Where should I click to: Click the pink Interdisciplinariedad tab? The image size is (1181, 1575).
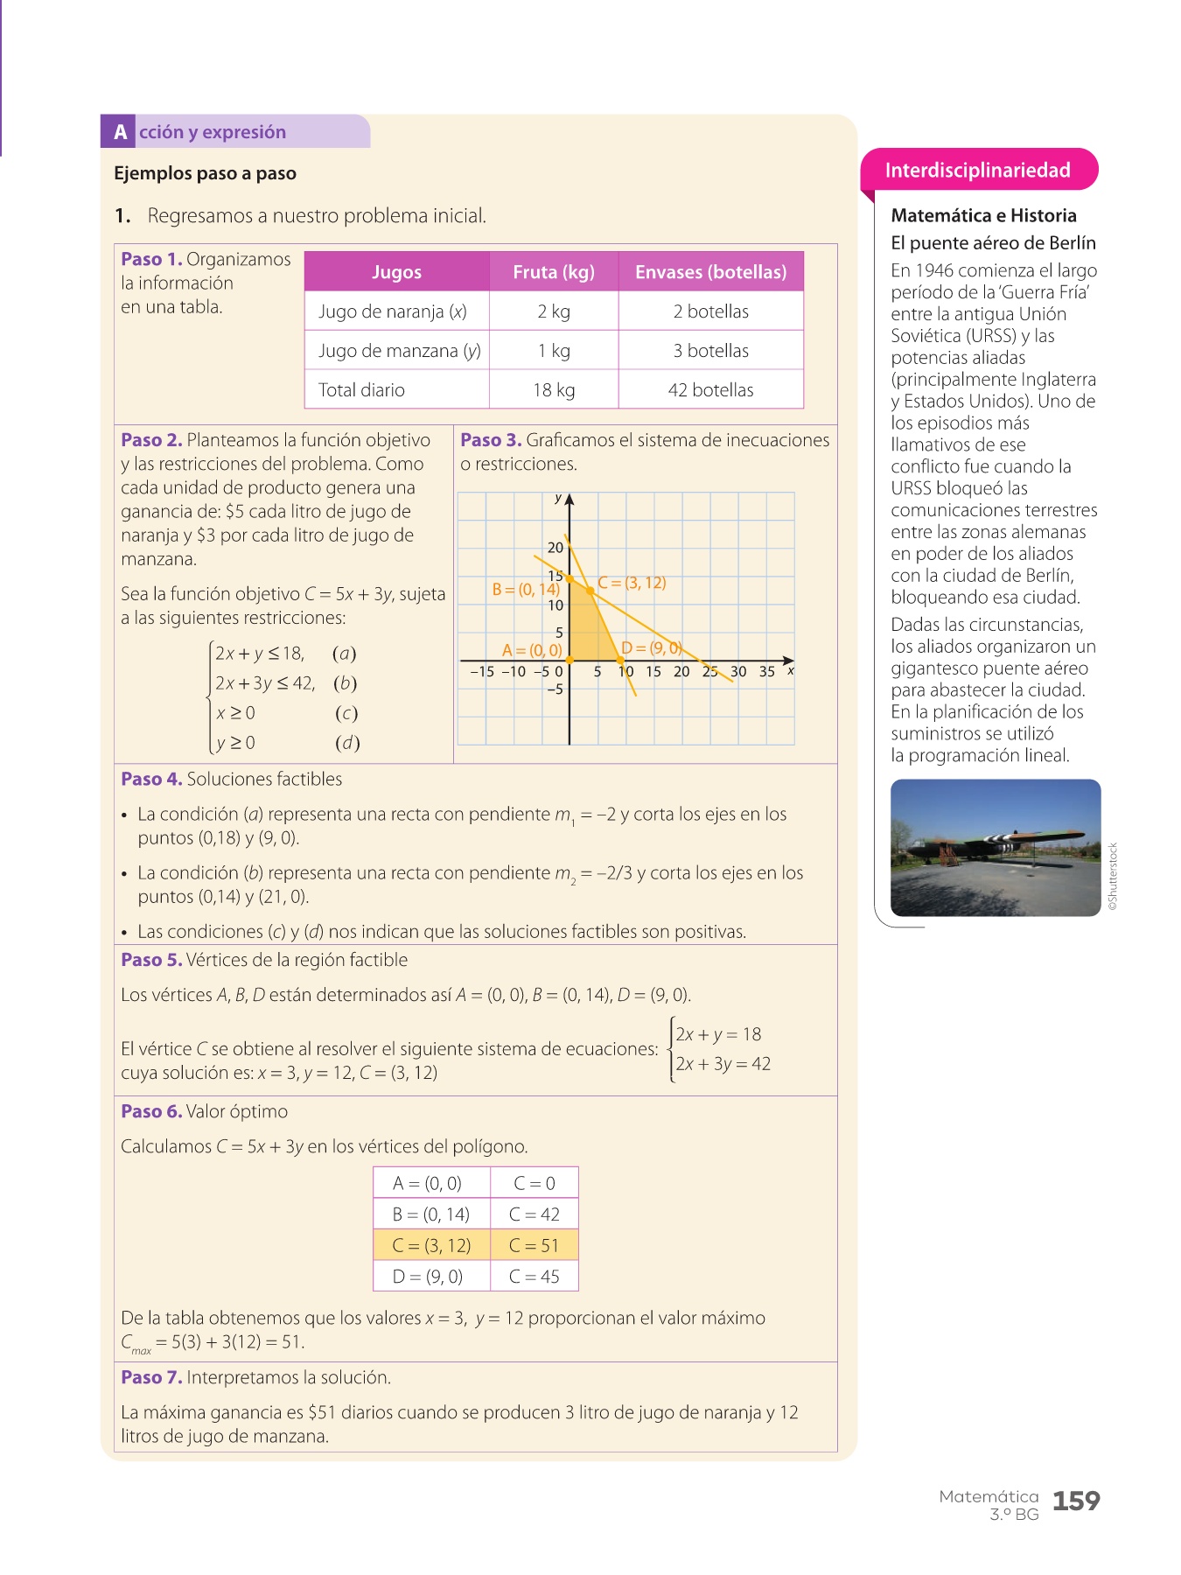pos(978,170)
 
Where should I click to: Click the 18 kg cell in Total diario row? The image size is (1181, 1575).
pos(554,390)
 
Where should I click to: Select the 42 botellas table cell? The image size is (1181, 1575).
pos(710,390)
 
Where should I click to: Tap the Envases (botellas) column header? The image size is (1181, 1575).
pos(710,272)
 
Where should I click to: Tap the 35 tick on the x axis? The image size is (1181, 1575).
pos(766,672)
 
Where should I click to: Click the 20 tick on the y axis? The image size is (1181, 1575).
pos(556,548)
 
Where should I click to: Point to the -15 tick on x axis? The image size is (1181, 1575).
pos(482,672)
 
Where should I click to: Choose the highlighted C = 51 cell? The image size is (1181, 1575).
pos(534,1245)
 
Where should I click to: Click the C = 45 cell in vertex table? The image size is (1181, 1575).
pos(534,1277)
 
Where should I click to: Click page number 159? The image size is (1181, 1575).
pos(1075,1501)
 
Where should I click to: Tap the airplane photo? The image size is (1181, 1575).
pos(995,848)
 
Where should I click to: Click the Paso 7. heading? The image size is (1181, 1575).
pos(151,1377)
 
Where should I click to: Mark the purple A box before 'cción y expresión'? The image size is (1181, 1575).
pos(120,132)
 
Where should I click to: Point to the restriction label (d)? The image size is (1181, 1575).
pos(347,743)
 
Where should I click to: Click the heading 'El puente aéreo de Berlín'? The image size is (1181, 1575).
pos(993,243)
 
